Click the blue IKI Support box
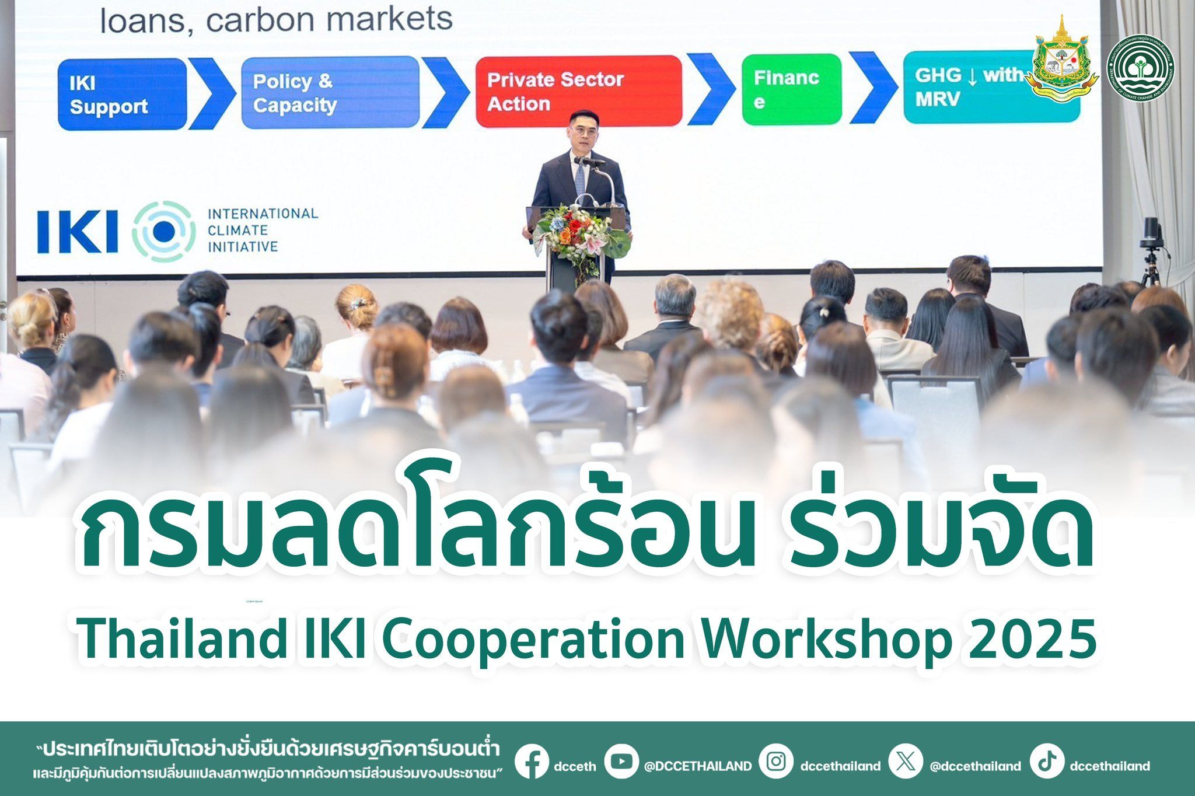click(121, 95)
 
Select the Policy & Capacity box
click(330, 93)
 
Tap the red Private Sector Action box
click(578, 91)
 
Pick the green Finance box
click(791, 89)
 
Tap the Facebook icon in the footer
click(532, 762)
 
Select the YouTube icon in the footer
click(621, 761)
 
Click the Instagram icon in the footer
click(776, 761)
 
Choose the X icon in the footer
click(905, 761)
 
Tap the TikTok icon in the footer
click(1047, 761)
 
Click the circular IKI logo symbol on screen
click(164, 231)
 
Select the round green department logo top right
click(1140, 68)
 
